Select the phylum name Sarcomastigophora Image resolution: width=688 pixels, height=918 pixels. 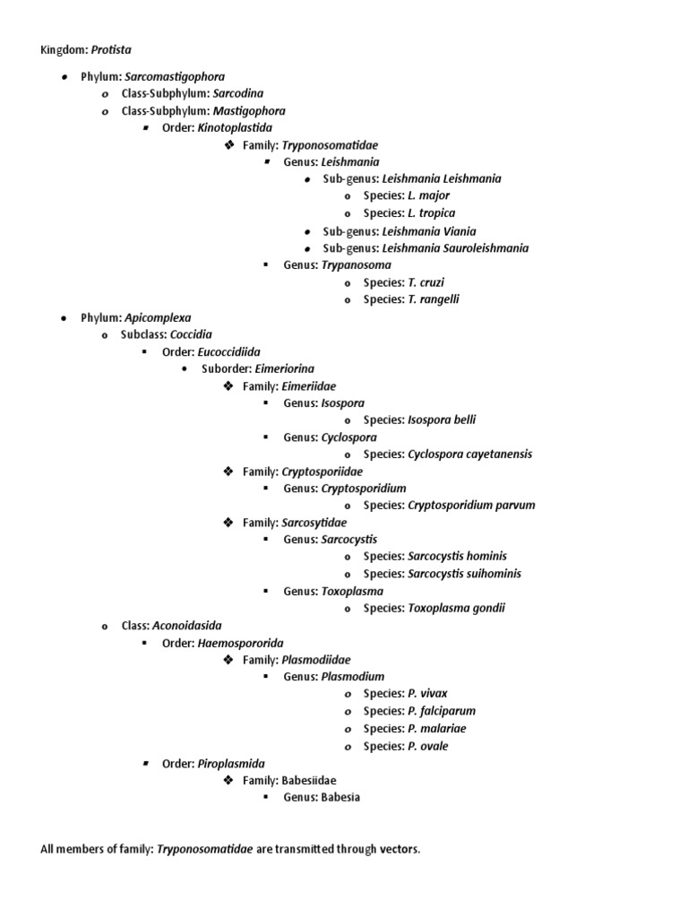tap(175, 77)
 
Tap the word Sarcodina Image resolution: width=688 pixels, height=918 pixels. tap(238, 93)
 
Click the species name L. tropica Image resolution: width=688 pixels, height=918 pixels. tap(431, 212)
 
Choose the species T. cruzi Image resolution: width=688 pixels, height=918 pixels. tap(426, 282)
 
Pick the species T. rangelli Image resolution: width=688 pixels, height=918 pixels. tap(434, 299)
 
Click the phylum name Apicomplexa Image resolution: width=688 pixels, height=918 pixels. tap(158, 317)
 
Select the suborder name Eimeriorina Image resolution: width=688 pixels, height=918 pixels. tap(284, 368)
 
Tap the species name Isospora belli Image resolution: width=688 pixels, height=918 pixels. tap(442, 420)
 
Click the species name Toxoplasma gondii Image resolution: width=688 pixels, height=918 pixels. tap(456, 608)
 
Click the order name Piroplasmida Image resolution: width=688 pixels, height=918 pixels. tap(231, 763)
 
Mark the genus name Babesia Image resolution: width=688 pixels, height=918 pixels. tap(340, 797)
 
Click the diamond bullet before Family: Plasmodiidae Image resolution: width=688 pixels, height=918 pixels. tap(228, 660)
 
